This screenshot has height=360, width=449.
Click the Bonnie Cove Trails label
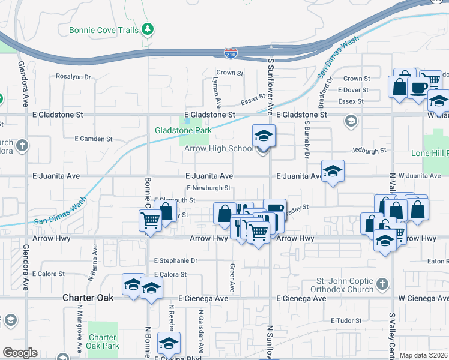pos(104,29)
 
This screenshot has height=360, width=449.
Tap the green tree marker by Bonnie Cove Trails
pos(147,29)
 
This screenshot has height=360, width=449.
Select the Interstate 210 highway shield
pos(231,53)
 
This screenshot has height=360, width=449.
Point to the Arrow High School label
pos(218,149)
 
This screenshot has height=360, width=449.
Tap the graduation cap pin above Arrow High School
pos(264,136)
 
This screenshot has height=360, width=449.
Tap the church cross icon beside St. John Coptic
pos(382,282)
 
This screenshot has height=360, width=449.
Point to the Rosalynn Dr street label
pos(73,77)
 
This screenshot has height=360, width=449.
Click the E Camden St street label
pos(94,139)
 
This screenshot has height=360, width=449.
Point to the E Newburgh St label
pos(209,188)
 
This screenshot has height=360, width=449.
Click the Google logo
pos(20,353)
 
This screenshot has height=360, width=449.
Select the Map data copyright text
pos(424,355)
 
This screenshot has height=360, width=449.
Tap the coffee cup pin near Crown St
pos(418,88)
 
